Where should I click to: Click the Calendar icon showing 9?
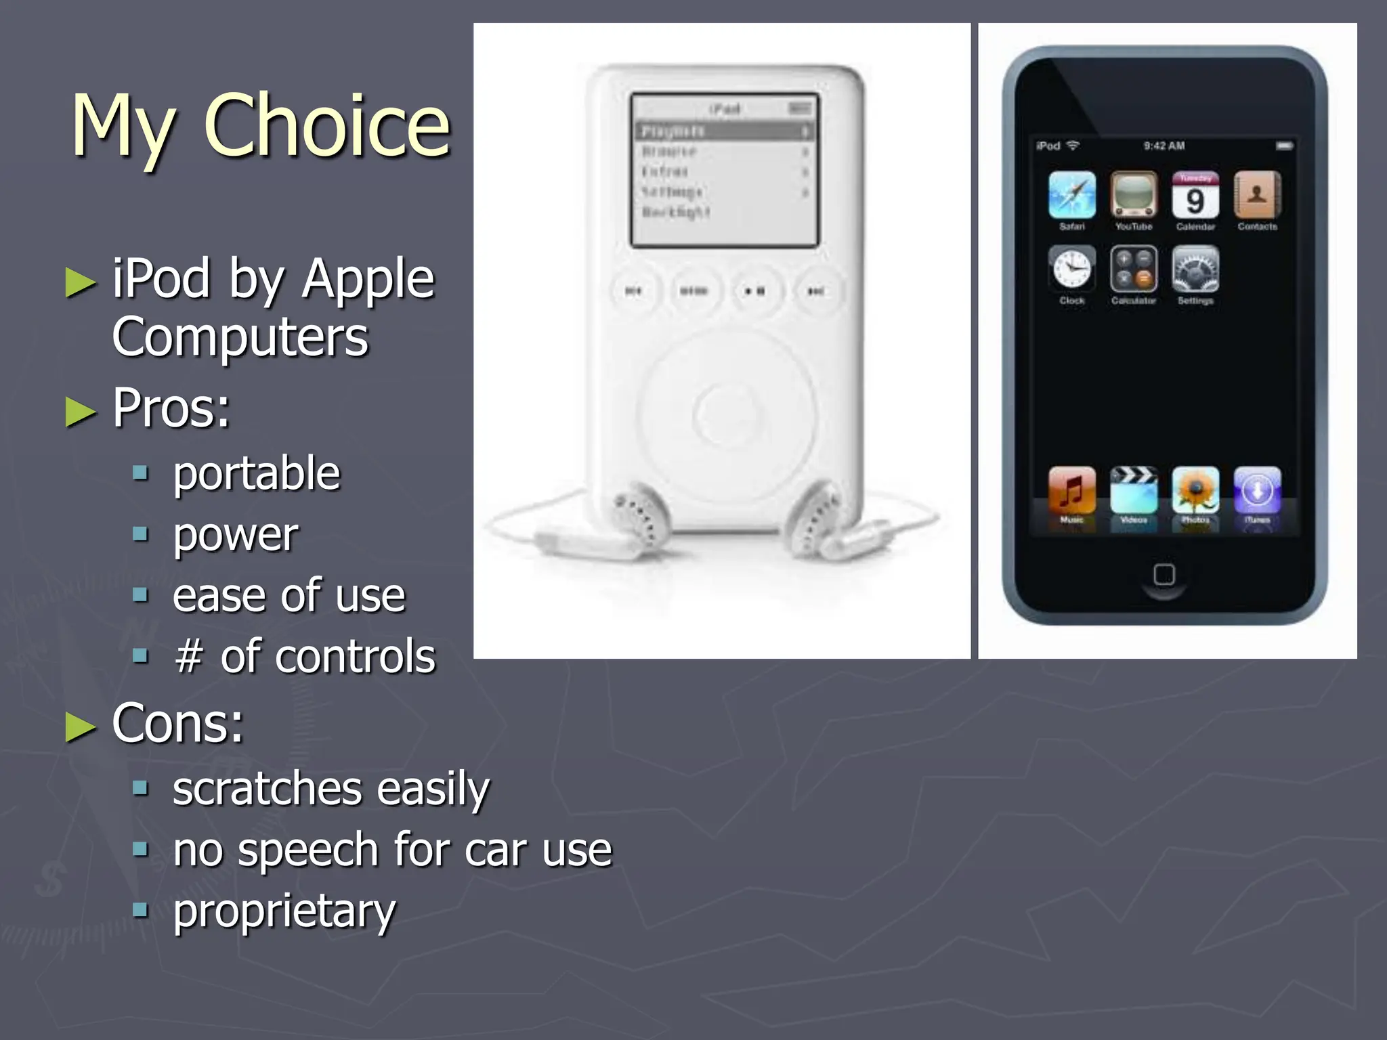point(1195,195)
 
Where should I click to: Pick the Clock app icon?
point(1071,269)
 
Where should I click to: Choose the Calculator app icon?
point(1133,269)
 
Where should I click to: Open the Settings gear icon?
point(1195,269)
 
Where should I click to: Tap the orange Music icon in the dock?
point(1071,490)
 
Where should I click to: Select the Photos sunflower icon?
point(1195,490)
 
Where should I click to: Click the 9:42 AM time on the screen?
point(1164,146)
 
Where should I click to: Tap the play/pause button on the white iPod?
point(754,291)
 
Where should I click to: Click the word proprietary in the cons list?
point(284,911)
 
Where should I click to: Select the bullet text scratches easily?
point(330,789)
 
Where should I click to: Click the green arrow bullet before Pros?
point(81,411)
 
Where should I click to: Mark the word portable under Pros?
point(256,473)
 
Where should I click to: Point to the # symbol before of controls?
point(189,657)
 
